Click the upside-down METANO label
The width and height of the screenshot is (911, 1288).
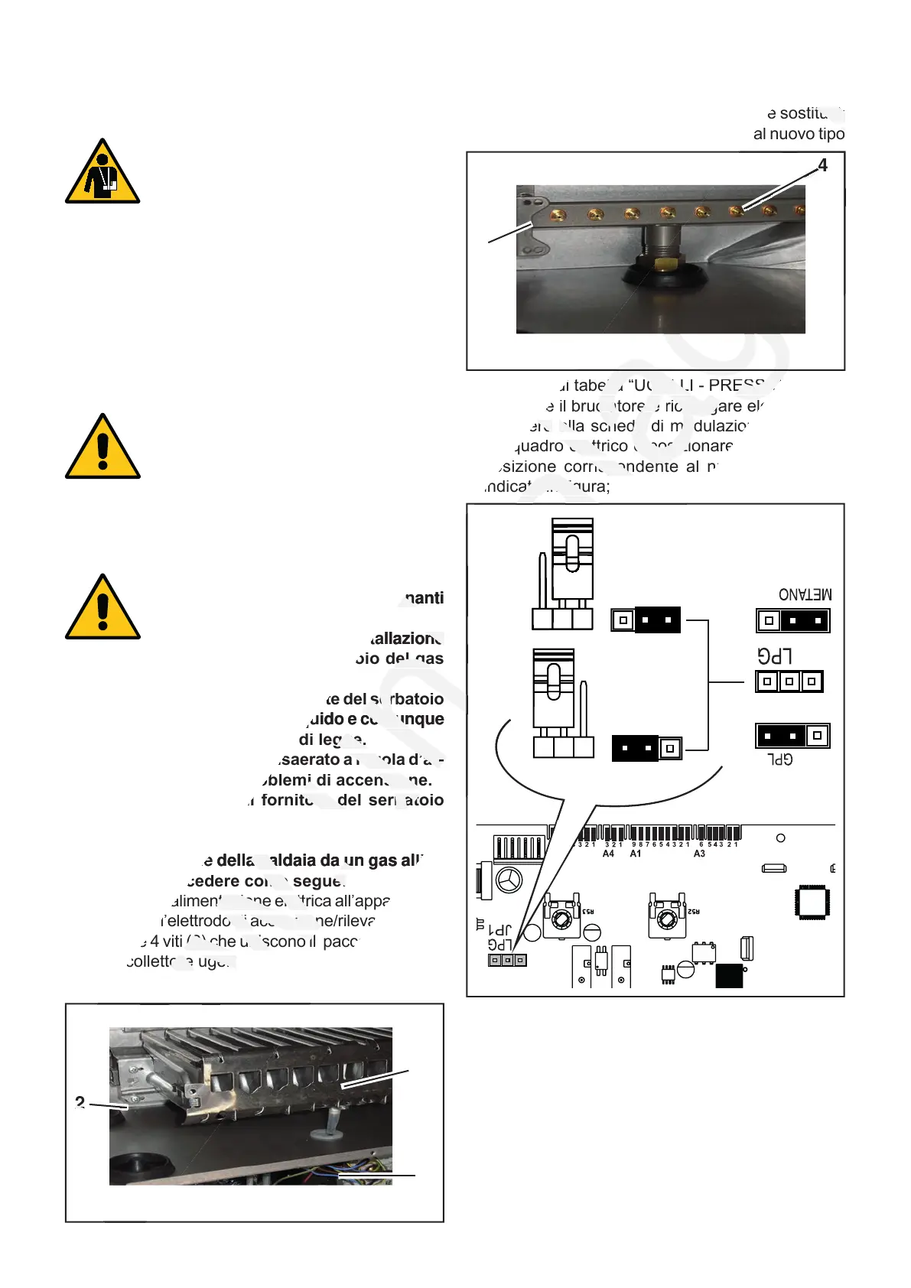(805, 594)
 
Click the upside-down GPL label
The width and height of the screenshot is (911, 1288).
(780, 759)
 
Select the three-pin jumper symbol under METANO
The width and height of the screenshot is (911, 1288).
(792, 620)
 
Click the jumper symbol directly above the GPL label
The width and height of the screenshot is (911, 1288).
(792, 736)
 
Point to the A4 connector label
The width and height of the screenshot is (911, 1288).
(608, 854)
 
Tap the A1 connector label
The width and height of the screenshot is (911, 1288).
(636, 854)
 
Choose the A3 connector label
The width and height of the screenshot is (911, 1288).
(699, 854)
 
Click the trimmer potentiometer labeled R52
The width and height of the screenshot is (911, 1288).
(666, 916)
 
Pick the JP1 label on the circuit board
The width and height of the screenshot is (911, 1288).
(499, 930)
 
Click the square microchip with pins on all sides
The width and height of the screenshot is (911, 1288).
(812, 902)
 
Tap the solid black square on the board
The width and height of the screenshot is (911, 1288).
(729, 976)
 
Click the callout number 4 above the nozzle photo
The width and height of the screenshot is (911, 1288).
(822, 165)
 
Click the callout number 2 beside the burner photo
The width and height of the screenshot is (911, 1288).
(80, 1102)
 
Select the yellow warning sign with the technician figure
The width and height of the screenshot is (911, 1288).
(102, 172)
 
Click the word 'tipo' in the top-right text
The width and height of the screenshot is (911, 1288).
(830, 134)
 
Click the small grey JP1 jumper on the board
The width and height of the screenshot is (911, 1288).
(507, 960)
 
